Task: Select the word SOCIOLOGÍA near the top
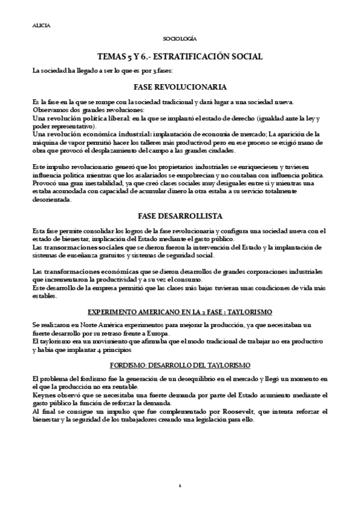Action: pos(180,39)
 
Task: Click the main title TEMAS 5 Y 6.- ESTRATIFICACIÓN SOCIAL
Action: pos(180,57)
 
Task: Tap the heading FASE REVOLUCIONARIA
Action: pos(180,87)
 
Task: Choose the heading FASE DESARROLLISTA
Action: pos(180,215)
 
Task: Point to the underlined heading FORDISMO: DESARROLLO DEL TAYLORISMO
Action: pos(180,365)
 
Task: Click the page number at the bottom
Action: pos(180,485)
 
